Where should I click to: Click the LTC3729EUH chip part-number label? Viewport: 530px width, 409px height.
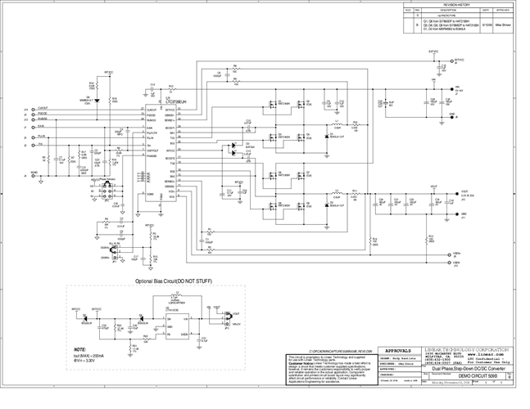[x=175, y=101]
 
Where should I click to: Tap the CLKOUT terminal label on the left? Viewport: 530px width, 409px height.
[x=43, y=108]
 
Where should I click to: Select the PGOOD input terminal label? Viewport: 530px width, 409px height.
[x=42, y=114]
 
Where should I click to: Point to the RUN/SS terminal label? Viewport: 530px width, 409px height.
[x=43, y=119]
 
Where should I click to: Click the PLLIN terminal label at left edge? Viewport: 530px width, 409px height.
[x=41, y=137]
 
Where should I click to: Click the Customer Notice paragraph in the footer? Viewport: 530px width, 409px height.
[x=327, y=367]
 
